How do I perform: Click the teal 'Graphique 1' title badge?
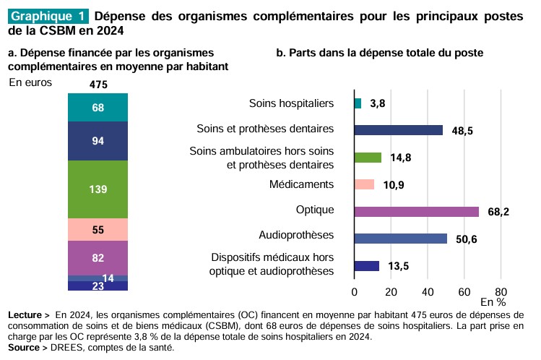[48, 16]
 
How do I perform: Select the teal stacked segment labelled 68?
[98, 108]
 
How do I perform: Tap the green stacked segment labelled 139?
[98, 189]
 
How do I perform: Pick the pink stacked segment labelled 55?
[98, 230]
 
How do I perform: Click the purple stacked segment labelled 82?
[98, 258]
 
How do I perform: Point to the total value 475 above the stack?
[98, 85]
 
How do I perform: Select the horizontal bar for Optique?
[416, 211]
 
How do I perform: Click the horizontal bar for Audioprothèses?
[400, 238]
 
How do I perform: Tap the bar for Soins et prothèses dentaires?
[398, 130]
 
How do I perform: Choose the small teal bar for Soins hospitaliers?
[358, 103]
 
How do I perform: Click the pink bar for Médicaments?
[364, 184]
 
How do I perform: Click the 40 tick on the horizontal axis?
[428, 291]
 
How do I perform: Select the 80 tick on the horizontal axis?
[501, 291]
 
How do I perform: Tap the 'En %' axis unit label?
[493, 301]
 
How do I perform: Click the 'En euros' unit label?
[30, 82]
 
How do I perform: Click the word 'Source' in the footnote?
[25, 347]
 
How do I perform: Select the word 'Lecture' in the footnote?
[26, 315]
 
